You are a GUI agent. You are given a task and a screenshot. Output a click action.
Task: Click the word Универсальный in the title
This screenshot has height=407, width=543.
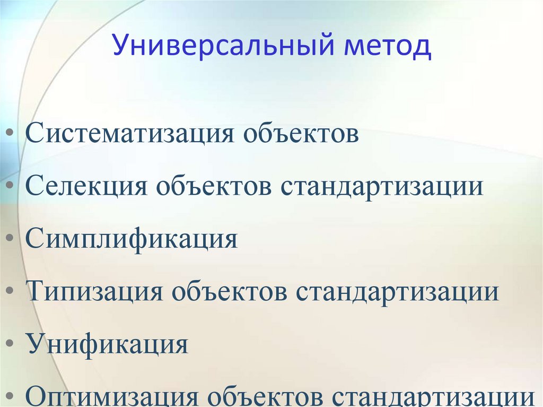click(x=223, y=47)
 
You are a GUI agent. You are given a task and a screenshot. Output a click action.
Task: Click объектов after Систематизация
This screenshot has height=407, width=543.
click(x=301, y=134)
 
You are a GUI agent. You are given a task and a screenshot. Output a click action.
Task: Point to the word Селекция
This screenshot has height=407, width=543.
click(x=86, y=187)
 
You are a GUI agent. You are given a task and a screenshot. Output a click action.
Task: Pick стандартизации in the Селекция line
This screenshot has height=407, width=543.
click(x=382, y=187)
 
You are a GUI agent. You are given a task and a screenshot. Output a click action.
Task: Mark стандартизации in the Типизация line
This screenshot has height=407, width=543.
click(x=397, y=292)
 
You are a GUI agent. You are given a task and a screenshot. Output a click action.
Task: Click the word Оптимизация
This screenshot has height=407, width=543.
click(x=112, y=397)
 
